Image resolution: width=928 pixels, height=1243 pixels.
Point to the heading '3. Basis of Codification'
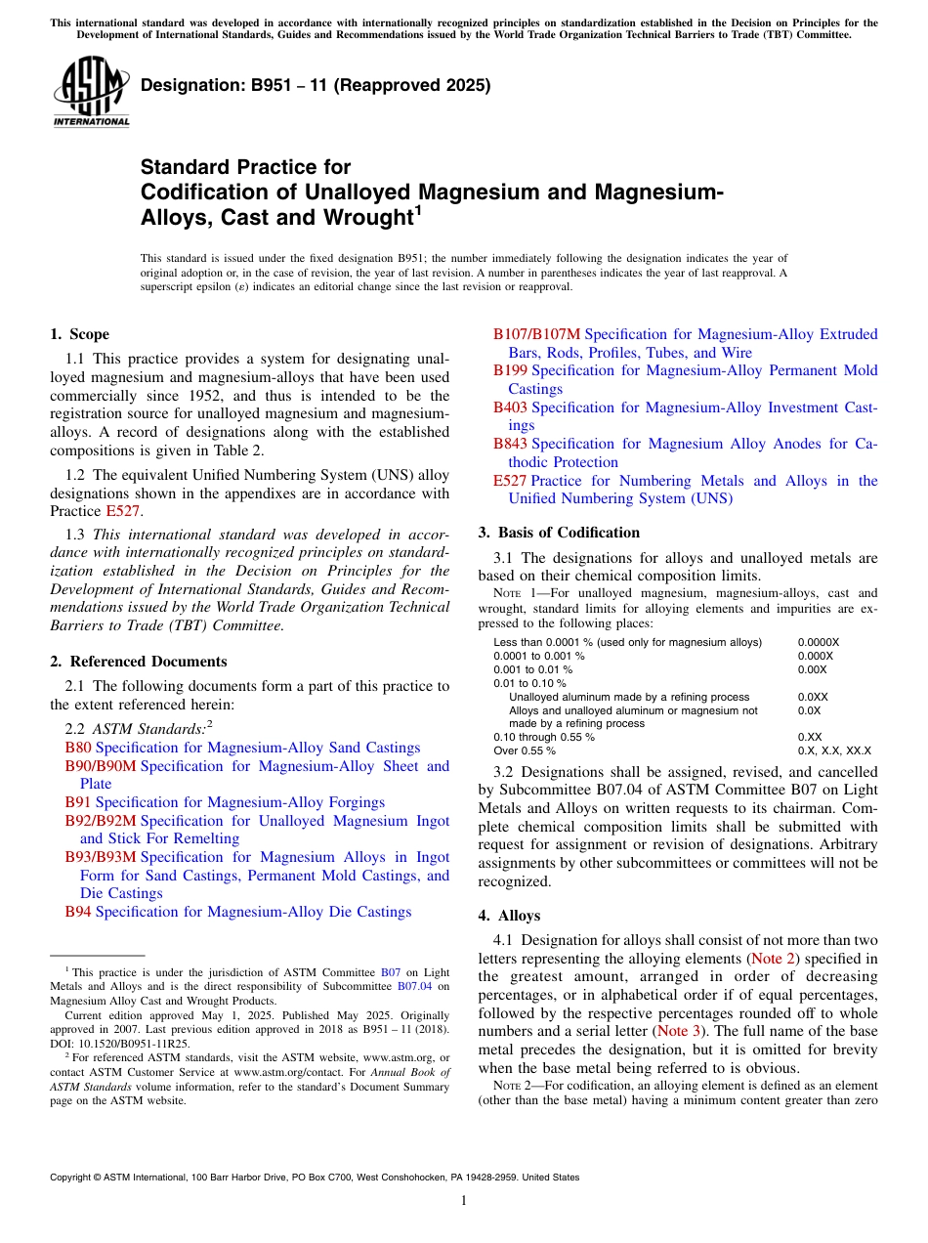coord(559,533)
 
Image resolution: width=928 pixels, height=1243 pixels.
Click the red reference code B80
coord(78,748)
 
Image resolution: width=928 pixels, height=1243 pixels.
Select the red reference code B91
coord(78,802)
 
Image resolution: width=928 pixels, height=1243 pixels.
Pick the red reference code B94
coord(78,912)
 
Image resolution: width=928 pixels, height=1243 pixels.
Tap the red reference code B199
coord(510,370)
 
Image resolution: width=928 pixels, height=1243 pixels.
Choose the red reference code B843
coord(510,444)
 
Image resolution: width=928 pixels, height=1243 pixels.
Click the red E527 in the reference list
coord(510,480)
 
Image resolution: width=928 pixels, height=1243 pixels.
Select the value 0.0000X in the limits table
coord(819,642)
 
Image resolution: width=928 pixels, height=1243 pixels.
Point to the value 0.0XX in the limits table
coord(813,697)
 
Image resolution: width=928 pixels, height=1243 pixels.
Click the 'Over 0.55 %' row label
coord(525,750)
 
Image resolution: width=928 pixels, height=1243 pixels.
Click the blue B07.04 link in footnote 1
coord(414,986)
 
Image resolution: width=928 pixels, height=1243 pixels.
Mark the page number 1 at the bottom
coord(464,1201)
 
